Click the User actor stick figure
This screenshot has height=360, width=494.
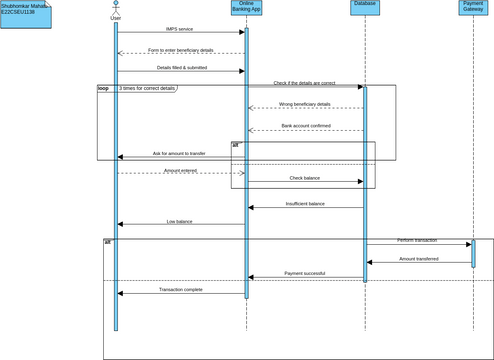(x=116, y=7)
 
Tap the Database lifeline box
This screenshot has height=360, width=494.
(x=365, y=5)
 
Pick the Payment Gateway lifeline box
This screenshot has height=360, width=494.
(x=473, y=9)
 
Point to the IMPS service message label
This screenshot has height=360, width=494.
(x=180, y=30)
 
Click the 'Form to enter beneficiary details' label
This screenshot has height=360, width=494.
(x=180, y=50)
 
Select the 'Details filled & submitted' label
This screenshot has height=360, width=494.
(x=180, y=68)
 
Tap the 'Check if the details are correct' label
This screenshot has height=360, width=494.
(x=305, y=83)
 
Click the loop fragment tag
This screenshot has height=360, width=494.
(x=103, y=89)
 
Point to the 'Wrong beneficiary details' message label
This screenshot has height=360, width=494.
(x=305, y=104)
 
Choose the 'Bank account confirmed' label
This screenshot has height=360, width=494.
(x=305, y=126)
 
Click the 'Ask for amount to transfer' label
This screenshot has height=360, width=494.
(x=180, y=153)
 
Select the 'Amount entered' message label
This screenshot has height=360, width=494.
(x=180, y=170)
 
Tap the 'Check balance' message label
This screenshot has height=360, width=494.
(x=305, y=178)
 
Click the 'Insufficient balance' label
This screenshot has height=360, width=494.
(x=305, y=203)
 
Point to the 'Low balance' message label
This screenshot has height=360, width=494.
(x=180, y=221)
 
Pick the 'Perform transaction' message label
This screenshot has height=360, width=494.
(x=417, y=240)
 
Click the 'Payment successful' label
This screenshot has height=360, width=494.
(x=305, y=273)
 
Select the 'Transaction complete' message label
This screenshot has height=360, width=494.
(x=180, y=290)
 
